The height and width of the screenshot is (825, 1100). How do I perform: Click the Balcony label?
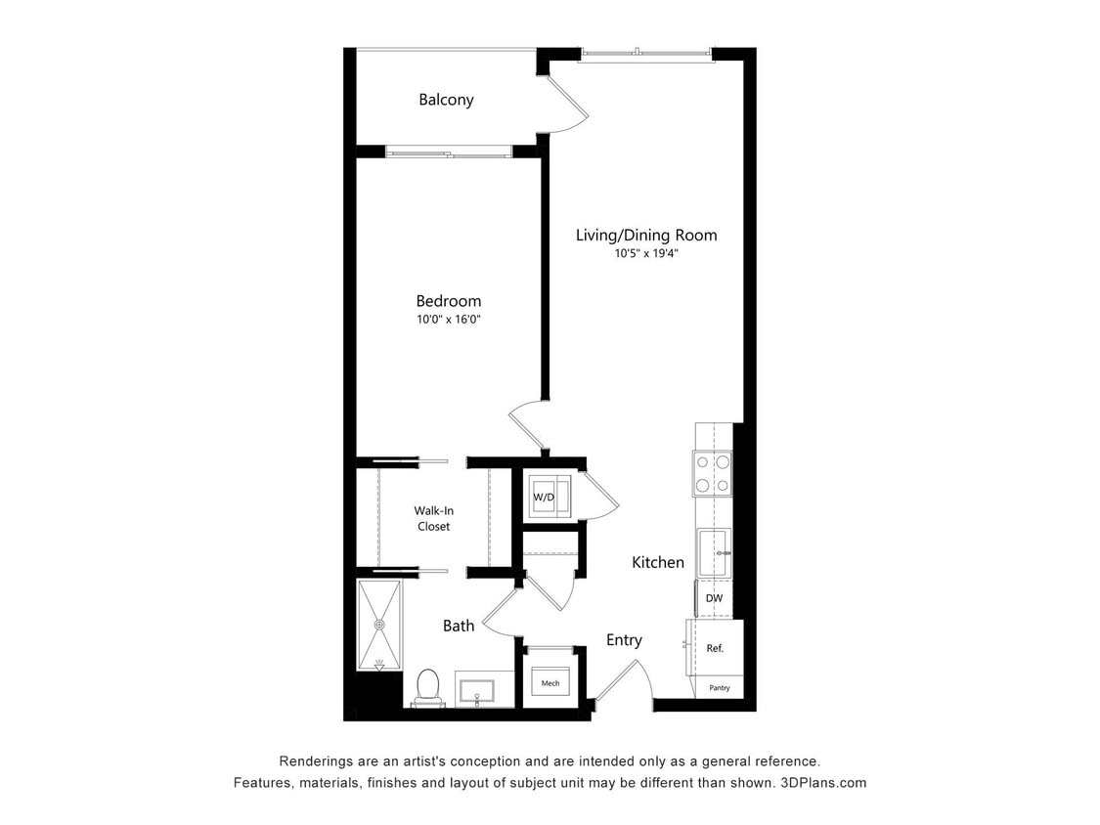click(x=446, y=100)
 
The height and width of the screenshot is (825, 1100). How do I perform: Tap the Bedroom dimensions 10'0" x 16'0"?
click(x=448, y=320)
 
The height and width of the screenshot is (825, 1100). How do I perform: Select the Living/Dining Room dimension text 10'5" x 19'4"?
click(x=645, y=253)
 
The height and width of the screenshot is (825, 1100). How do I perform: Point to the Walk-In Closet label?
click(x=431, y=518)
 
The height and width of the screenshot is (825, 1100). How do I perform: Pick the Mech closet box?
click(x=550, y=682)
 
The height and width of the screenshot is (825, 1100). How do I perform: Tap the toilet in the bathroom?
click(x=427, y=686)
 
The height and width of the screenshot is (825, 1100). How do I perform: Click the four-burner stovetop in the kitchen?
click(x=712, y=473)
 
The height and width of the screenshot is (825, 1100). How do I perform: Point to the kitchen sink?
click(x=712, y=553)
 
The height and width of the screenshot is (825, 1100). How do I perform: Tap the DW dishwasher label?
click(x=714, y=598)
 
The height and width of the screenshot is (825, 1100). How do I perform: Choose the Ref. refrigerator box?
click(x=715, y=648)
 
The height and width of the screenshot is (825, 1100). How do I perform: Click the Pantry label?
click(x=719, y=689)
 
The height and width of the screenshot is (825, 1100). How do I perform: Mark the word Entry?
click(x=624, y=640)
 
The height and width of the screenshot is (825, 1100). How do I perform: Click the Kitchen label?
click(x=658, y=562)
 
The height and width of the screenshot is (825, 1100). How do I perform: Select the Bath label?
click(x=459, y=626)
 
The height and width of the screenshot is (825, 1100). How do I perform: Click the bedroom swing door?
click(x=528, y=422)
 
